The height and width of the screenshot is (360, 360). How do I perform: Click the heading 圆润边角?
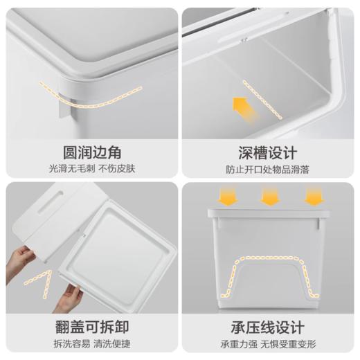[89, 152]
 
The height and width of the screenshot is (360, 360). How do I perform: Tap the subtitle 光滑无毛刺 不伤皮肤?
[89, 168]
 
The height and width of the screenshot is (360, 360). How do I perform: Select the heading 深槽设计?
[269, 152]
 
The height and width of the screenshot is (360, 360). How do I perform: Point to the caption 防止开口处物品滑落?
[269, 168]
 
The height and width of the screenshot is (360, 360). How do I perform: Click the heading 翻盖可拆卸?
[89, 327]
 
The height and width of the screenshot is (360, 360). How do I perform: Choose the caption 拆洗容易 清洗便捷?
[89, 343]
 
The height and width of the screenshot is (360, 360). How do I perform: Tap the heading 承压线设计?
[269, 327]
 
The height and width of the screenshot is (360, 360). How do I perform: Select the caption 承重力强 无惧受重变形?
[269, 343]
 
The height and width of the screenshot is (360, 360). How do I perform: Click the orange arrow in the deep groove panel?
[242, 107]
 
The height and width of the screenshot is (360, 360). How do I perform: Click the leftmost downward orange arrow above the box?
[228, 197]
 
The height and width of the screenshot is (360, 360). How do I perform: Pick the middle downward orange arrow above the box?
[270, 197]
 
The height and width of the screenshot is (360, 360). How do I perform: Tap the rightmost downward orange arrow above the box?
[314, 197]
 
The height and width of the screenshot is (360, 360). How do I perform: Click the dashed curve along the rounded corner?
[90, 97]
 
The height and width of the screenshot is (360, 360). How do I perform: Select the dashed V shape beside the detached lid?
[38, 280]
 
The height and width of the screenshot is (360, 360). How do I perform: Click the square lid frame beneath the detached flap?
[125, 249]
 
